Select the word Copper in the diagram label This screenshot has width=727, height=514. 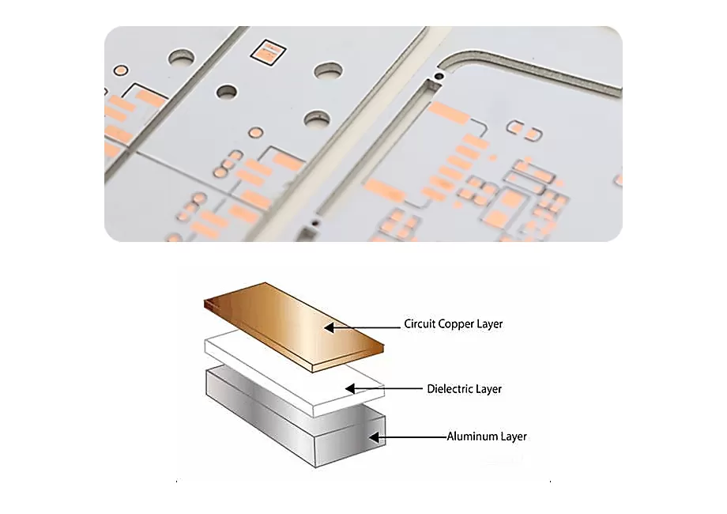click(457, 324)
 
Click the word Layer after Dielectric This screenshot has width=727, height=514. click(489, 389)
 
